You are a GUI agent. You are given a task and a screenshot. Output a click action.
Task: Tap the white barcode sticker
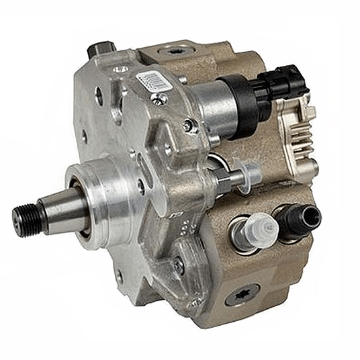coord(151,81)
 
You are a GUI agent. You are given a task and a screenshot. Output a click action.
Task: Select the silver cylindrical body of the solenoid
coord(208,107)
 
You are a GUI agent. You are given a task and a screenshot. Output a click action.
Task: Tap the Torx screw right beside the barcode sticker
coord(159,99)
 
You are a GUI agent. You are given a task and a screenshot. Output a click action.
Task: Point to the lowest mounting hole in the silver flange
coord(120,276)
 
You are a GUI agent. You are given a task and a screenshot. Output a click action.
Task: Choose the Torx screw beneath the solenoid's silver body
coord(191,126)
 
